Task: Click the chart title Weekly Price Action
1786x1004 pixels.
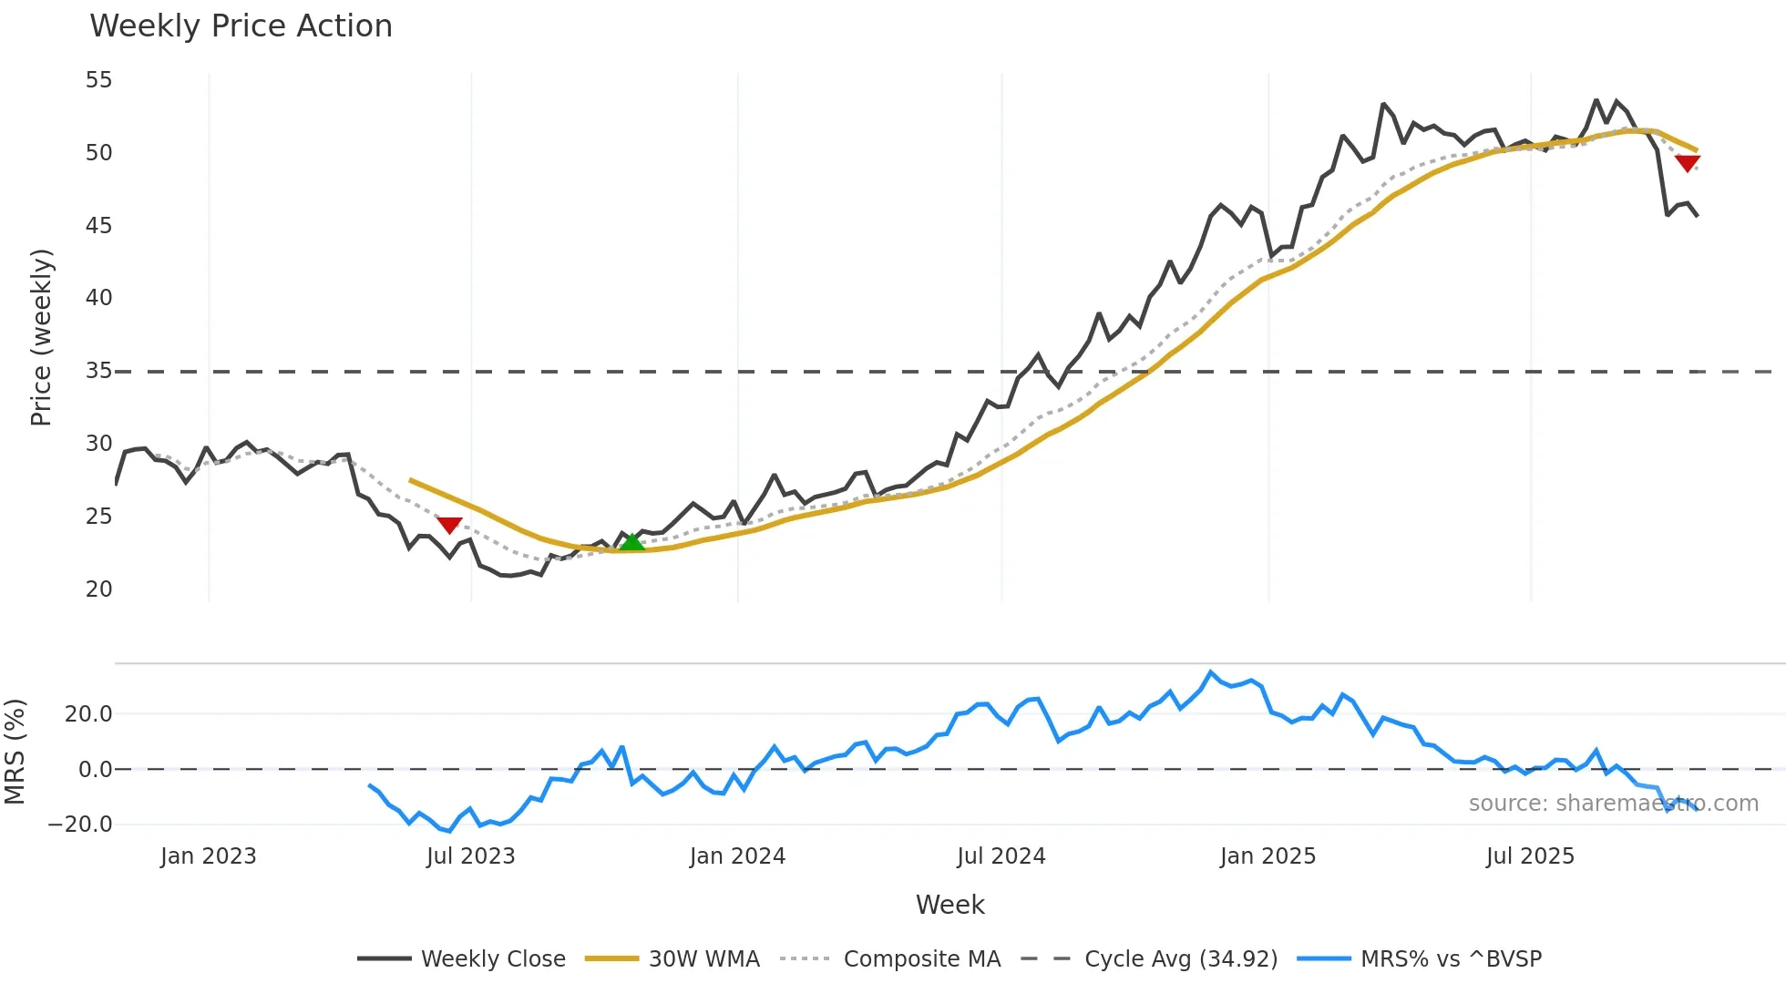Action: click(241, 26)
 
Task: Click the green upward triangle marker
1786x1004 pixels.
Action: click(631, 542)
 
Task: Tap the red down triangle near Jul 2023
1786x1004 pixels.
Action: click(449, 525)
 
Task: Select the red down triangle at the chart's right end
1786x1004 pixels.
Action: click(1687, 163)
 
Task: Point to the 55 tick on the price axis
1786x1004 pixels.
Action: click(98, 80)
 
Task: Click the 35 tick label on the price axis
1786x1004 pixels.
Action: click(98, 371)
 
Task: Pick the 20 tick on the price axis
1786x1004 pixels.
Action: click(98, 589)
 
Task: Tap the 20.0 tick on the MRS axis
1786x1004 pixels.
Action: click(88, 714)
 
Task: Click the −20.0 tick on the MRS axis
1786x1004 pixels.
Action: click(80, 825)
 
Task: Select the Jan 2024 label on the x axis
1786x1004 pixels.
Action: click(737, 856)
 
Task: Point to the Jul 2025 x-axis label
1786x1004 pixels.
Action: click(1530, 856)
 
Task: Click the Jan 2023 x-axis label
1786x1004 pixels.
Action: click(209, 856)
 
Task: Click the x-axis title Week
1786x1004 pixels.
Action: click(949, 905)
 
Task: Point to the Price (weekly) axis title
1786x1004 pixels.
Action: click(41, 337)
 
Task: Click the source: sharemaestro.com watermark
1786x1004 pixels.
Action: click(1613, 804)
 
